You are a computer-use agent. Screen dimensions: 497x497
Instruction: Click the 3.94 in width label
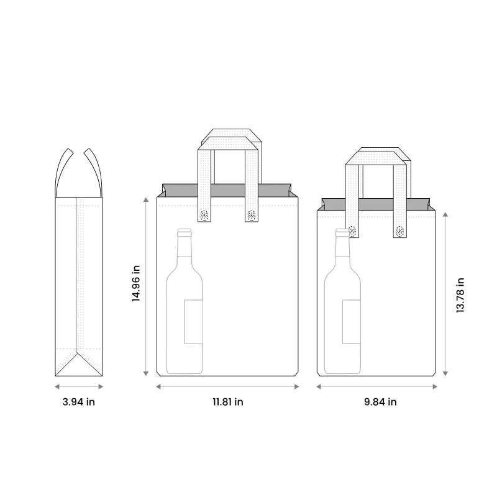[79, 402]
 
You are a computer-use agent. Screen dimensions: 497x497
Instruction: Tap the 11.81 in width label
[227, 402]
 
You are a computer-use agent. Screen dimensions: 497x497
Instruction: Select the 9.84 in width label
[380, 402]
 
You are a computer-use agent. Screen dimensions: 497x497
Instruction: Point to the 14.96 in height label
[136, 283]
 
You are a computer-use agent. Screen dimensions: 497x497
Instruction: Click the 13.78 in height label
[460, 294]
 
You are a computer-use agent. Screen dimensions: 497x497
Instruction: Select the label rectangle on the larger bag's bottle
[193, 321]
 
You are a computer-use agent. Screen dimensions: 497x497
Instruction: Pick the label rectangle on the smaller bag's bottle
[351, 321]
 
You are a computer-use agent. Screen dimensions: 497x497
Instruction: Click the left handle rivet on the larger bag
[204, 216]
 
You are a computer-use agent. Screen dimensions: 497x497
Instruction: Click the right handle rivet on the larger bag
[251, 216]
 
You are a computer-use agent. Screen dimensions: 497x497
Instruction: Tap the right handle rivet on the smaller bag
[399, 231]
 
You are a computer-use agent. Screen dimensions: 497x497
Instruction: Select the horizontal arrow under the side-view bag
[79, 386]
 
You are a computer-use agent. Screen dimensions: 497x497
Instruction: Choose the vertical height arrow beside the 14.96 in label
[146, 286]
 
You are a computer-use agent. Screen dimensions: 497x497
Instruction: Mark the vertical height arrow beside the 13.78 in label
[445, 292]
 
